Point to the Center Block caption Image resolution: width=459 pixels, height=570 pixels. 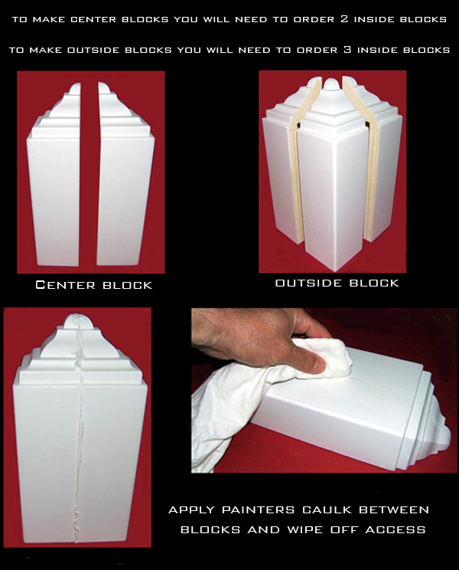pos(94,285)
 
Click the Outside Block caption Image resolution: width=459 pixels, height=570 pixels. pos(337,283)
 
